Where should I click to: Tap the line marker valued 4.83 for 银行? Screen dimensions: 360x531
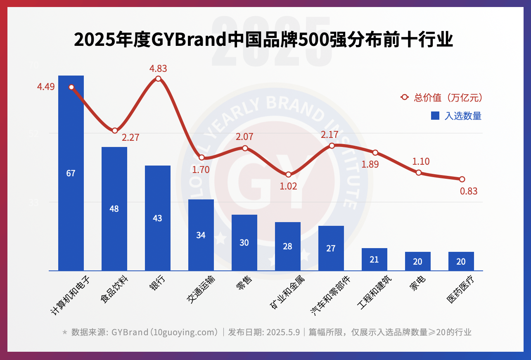(158, 78)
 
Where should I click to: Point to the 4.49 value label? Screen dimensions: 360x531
(46, 87)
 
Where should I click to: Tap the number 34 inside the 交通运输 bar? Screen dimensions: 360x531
(201, 235)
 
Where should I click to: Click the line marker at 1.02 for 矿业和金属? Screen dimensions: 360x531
(288, 175)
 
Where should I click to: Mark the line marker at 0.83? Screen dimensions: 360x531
(462, 179)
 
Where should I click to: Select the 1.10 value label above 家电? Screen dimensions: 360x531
(421, 161)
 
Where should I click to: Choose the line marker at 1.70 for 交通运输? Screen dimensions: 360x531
(201, 157)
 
